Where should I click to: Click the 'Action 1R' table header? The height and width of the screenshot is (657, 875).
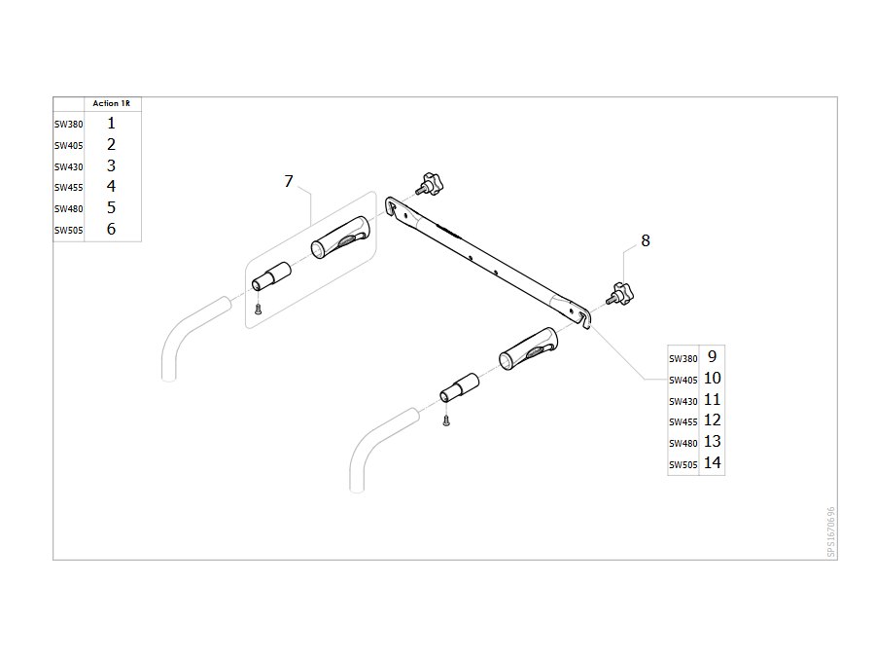pyautogui.click(x=111, y=103)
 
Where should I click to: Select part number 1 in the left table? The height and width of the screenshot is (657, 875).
pyautogui.click(x=111, y=123)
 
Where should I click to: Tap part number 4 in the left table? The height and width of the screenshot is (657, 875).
pyautogui.click(x=111, y=186)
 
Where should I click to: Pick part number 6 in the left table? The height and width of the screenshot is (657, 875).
pyautogui.click(x=111, y=229)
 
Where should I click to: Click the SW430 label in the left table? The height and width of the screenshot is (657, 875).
pyautogui.click(x=69, y=166)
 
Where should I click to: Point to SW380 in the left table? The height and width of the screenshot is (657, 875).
pyautogui.click(x=69, y=124)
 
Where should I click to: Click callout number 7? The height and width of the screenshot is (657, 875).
pyautogui.click(x=289, y=181)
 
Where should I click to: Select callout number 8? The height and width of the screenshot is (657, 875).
pyautogui.click(x=646, y=240)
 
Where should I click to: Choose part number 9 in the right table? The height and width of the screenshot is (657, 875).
pyautogui.click(x=712, y=356)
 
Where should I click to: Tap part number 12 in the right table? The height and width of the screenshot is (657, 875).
pyautogui.click(x=712, y=420)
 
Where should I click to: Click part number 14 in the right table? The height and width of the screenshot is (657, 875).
pyautogui.click(x=712, y=462)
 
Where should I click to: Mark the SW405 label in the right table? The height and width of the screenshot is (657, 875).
pyautogui.click(x=683, y=380)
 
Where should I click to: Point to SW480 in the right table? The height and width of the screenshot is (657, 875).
pyautogui.click(x=683, y=443)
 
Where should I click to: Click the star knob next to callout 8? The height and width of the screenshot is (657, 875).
pyautogui.click(x=621, y=294)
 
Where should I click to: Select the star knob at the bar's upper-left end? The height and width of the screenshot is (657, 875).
pyautogui.click(x=430, y=185)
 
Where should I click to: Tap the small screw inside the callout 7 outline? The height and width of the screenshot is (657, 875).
pyautogui.click(x=258, y=309)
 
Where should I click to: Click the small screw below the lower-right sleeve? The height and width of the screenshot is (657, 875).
pyautogui.click(x=446, y=420)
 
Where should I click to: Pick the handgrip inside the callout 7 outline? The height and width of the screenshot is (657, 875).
pyautogui.click(x=340, y=237)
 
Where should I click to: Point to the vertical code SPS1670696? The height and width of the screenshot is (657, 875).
pyautogui.click(x=831, y=531)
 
